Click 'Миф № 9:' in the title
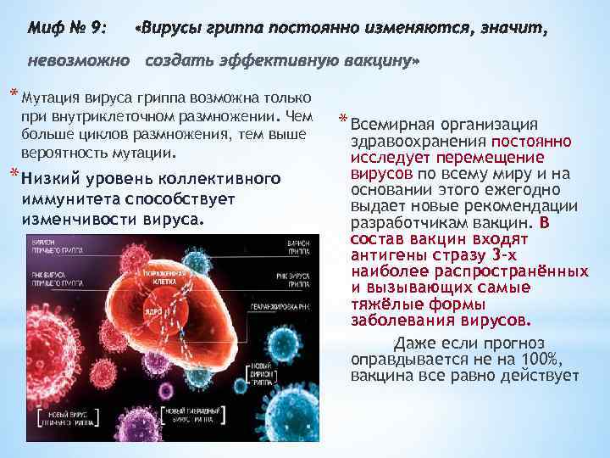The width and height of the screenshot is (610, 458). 67,31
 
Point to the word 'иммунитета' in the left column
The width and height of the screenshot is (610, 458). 69,198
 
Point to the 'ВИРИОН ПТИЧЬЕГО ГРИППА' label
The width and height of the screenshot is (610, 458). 59,248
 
